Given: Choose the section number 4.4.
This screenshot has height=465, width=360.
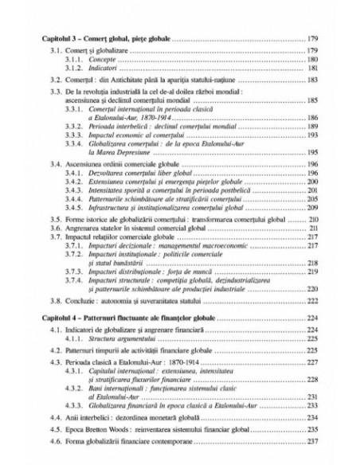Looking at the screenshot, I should pyautogui.click(x=53, y=426).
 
